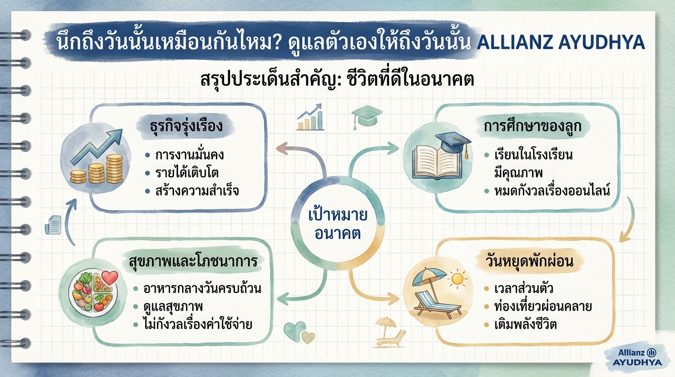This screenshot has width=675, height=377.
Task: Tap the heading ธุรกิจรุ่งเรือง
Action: coord(186,126)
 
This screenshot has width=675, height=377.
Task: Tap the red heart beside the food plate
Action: coord(110,278)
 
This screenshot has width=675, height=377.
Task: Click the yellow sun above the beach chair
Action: coord(457,279)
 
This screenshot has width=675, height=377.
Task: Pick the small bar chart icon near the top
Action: coord(311,118)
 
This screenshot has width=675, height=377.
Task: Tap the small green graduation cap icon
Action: coord(366,116)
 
